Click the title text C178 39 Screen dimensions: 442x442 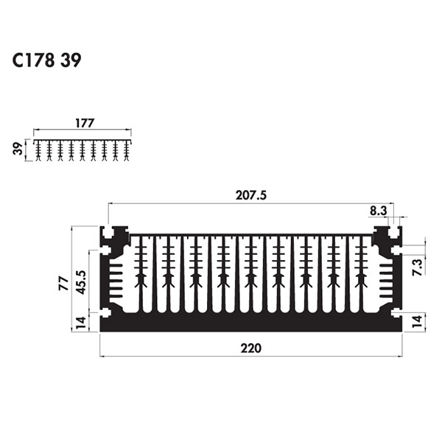click(47, 60)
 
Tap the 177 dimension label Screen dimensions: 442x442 click(85, 123)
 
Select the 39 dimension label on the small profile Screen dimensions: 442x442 click(18, 149)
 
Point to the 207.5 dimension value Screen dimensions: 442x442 click(251, 195)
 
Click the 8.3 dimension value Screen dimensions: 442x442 click(379, 211)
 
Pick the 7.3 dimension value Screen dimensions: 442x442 click(418, 267)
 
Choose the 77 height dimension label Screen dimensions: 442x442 click(63, 284)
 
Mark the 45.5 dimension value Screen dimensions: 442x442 click(82, 282)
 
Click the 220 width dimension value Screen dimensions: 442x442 click(251, 348)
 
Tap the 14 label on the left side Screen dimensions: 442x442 click(81, 323)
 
